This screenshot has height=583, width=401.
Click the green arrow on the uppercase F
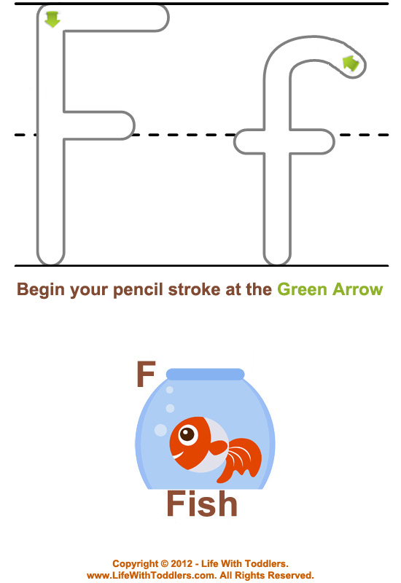[x=52, y=19]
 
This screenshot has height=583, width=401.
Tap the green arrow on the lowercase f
[x=351, y=63]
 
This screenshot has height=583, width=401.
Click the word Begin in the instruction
[x=41, y=289]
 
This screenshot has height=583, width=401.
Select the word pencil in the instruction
[x=138, y=289]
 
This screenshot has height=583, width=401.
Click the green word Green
[x=302, y=289]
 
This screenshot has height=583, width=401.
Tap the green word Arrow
[x=357, y=289]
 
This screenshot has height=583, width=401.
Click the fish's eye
[x=188, y=434]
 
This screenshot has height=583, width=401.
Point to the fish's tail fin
[x=241, y=460]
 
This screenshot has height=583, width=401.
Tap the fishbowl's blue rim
[x=205, y=374]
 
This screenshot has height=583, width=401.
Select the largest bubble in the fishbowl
[x=160, y=430]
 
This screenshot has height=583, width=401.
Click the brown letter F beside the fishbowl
[x=146, y=374]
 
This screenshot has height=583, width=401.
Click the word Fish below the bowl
[x=202, y=504]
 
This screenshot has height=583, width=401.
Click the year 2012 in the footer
[x=181, y=563]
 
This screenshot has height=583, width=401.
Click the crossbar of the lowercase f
[x=284, y=141]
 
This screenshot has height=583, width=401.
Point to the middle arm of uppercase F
[x=99, y=125]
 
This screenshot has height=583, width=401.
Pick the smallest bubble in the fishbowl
[x=170, y=390]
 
